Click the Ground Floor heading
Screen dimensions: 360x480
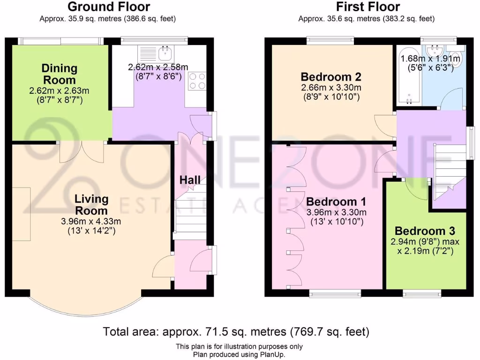tap(109, 7)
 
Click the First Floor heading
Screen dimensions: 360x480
tap(368, 7)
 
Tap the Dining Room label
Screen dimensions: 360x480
tap(59, 74)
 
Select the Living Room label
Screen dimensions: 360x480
tap(92, 204)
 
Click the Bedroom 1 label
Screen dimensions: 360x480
tap(336, 202)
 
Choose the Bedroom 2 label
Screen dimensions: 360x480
tap(330, 76)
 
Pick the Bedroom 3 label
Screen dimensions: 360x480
tap(424, 231)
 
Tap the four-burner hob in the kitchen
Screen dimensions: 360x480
tap(196, 81)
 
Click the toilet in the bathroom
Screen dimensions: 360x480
tap(457, 58)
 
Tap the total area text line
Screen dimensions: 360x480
tap(236, 332)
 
